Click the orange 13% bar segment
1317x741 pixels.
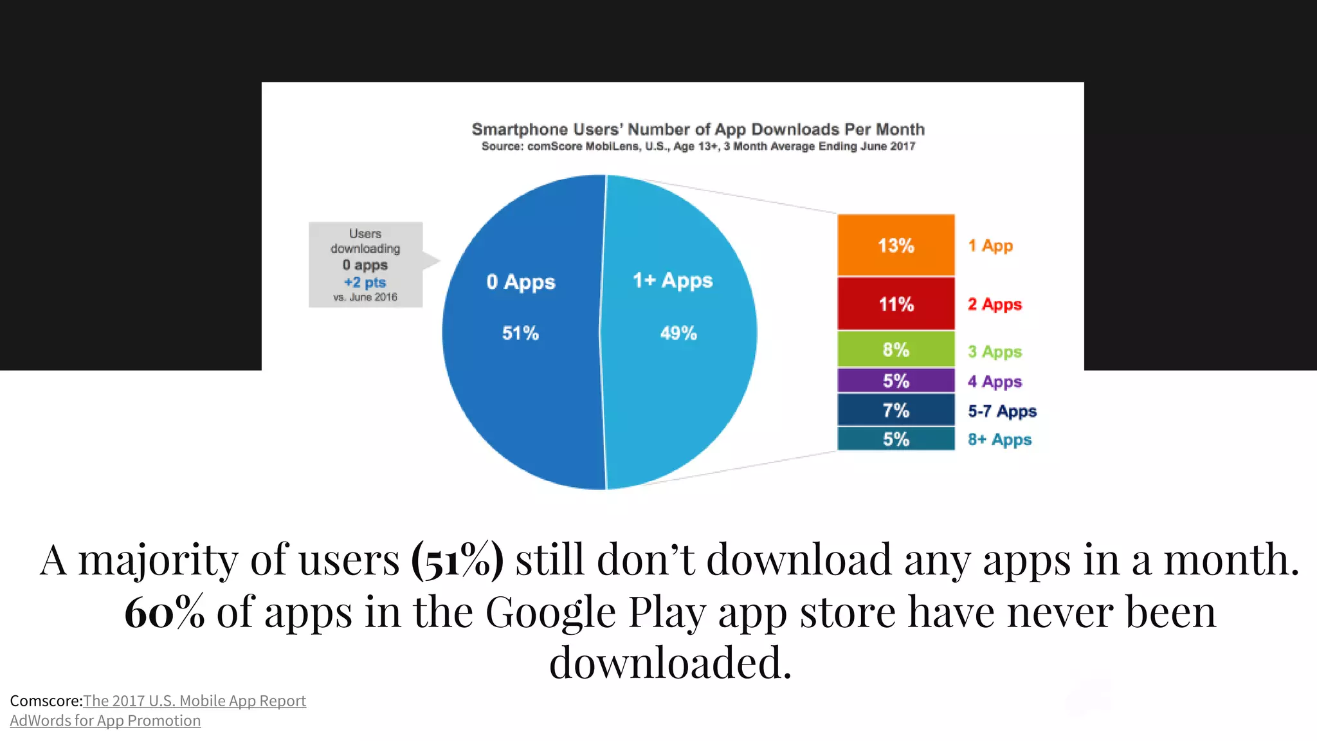click(x=896, y=245)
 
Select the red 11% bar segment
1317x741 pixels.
click(x=896, y=304)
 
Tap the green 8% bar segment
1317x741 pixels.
click(x=896, y=349)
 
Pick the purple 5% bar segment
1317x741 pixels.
click(x=896, y=380)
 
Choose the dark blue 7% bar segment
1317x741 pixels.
click(x=896, y=410)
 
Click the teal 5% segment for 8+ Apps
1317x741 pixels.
click(x=896, y=439)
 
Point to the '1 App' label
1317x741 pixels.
click(x=990, y=246)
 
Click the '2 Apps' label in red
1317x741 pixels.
click(x=994, y=304)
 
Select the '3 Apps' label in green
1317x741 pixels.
click(x=994, y=352)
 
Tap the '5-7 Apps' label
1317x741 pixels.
click(x=1002, y=411)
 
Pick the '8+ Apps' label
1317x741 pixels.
click(x=999, y=440)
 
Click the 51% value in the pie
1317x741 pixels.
click(x=520, y=333)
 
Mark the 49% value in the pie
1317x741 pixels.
click(x=678, y=333)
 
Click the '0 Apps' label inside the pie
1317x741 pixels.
click(x=520, y=282)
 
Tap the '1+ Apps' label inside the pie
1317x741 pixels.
click(x=673, y=280)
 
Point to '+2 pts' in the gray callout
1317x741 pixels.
click(x=365, y=282)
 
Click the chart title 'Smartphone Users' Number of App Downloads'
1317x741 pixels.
click(x=698, y=129)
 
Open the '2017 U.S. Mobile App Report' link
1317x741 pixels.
click(x=194, y=700)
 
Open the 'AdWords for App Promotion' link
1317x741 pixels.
click(x=105, y=720)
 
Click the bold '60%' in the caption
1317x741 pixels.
click(x=165, y=612)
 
